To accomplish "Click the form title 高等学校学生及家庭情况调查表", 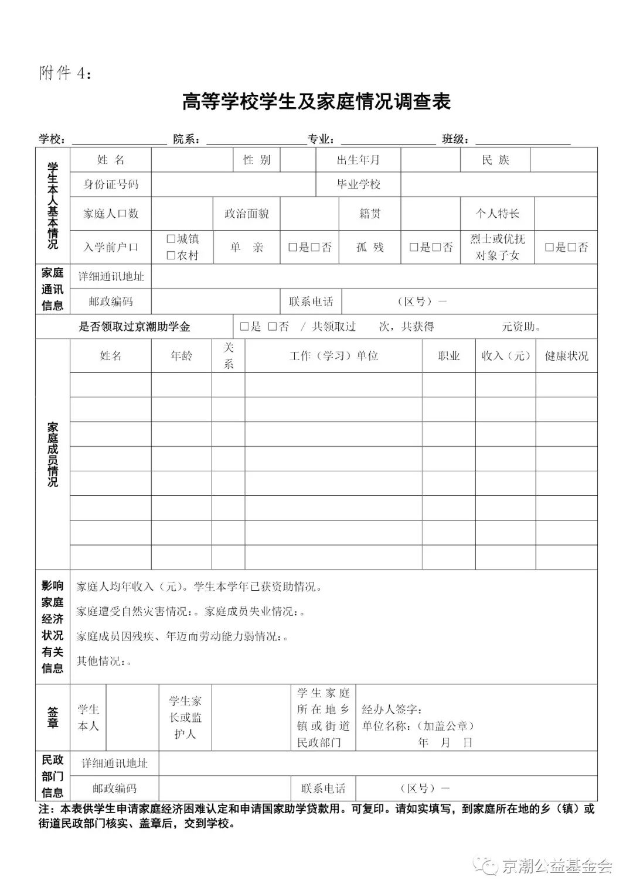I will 316,102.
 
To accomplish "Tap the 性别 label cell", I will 257,160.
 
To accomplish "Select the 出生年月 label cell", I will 358,160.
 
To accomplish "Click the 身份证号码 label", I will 111,184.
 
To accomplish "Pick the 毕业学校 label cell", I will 358,184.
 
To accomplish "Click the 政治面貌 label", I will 247,214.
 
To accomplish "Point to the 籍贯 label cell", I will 370,214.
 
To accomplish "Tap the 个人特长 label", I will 497,214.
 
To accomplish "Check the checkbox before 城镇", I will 171,239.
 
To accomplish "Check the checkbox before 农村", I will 171,255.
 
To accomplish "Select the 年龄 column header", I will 181,356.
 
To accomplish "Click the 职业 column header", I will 448,356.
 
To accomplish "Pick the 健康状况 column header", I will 566,356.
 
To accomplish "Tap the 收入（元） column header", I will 505,356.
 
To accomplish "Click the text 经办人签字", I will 392,710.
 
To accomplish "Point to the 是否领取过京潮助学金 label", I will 134,327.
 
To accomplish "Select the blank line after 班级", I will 522,141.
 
